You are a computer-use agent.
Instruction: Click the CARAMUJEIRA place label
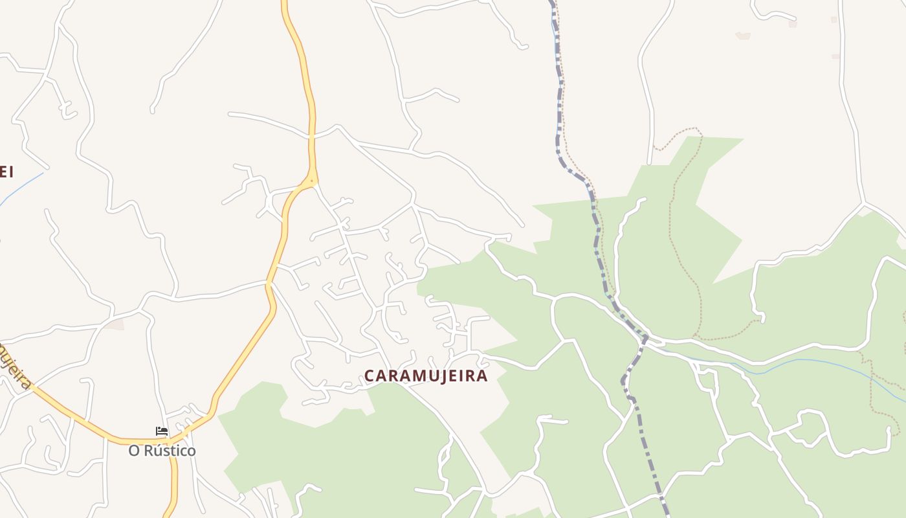click(x=426, y=376)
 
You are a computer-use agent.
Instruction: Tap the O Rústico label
click(x=162, y=451)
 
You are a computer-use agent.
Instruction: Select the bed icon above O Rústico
click(x=162, y=431)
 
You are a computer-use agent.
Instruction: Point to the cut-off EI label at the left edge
click(x=6, y=172)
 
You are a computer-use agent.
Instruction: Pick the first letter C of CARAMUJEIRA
click(x=370, y=376)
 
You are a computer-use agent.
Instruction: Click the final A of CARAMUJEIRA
click(x=482, y=376)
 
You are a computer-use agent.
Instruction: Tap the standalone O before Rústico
click(x=134, y=451)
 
